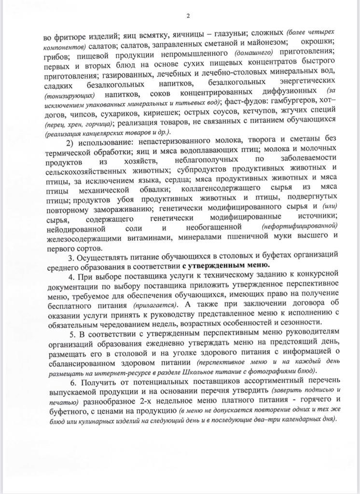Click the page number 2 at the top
(188, 16)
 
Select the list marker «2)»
(71, 142)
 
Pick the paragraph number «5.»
(71, 334)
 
